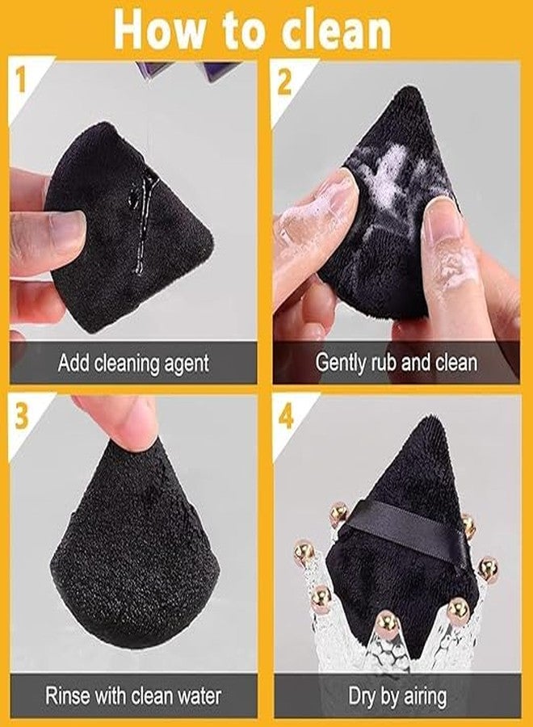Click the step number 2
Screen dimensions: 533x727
click(x=284, y=82)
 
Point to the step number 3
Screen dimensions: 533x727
click(x=21, y=415)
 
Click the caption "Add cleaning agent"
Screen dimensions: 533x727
click(x=133, y=363)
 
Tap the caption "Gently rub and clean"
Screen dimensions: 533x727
click(x=397, y=362)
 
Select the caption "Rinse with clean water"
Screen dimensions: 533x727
click(x=133, y=695)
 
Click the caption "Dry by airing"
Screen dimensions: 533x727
click(x=397, y=696)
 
